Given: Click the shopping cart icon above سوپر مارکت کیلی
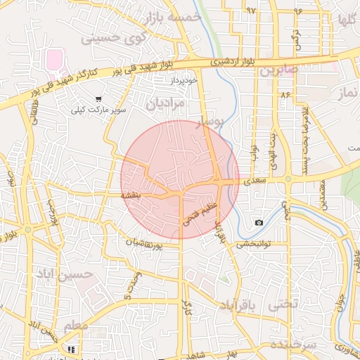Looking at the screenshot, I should coord(98,98).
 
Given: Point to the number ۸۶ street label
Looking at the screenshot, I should coord(285,94).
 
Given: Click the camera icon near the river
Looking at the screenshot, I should coord(259,222).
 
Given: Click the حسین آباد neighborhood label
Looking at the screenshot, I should coord(86,274).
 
